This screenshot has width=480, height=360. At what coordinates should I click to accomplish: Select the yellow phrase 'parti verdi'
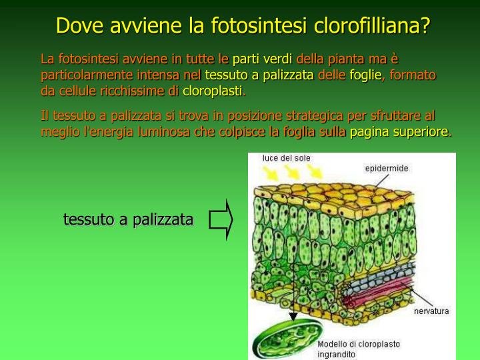(x=257, y=59)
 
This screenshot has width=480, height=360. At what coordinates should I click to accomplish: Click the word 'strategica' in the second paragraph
(x=296, y=116)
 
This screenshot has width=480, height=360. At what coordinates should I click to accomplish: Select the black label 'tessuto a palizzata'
(x=129, y=219)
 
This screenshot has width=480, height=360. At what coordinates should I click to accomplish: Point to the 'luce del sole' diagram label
(x=287, y=159)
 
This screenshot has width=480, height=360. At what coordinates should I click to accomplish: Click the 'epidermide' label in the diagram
(x=386, y=169)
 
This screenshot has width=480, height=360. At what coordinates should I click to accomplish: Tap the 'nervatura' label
(x=431, y=311)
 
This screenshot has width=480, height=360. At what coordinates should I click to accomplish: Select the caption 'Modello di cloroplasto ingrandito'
(x=359, y=349)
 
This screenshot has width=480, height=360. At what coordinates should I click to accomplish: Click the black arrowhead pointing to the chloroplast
(x=291, y=318)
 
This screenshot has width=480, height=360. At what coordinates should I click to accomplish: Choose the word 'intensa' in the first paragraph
(x=158, y=75)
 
